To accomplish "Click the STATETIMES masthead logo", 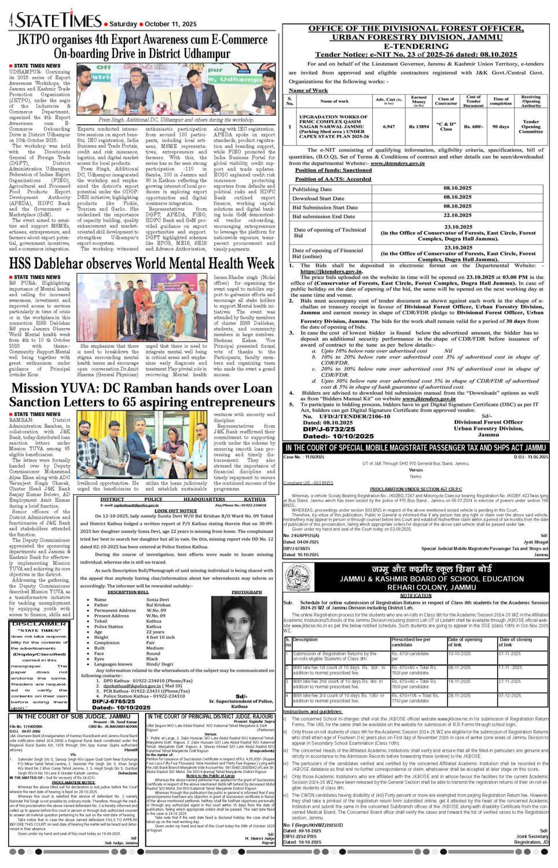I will coord(58,20).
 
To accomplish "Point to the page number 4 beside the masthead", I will coord(11,21).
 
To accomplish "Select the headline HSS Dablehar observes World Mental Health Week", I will coord(142,264).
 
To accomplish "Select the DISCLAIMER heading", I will coord(39,624).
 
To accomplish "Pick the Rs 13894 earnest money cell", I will coord(419,126).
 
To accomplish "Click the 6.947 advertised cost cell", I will coord(388,126).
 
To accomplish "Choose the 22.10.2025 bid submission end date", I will coord(457,215).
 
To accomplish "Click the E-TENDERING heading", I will coord(416,46).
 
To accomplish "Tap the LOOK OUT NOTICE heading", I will coord(175,511).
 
